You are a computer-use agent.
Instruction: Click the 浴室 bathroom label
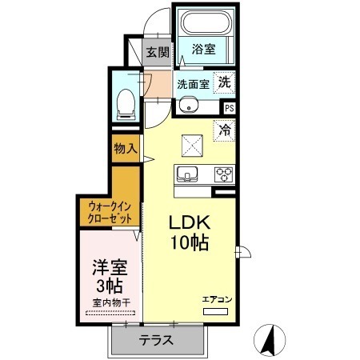pyautogui.click(x=203, y=50)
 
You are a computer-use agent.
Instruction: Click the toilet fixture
pyautogui.click(x=125, y=102)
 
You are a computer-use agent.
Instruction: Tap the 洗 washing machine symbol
pyautogui.click(x=226, y=82)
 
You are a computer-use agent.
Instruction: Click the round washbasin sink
pyautogui.click(x=190, y=104)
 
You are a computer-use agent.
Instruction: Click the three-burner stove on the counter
pyautogui.click(x=222, y=174)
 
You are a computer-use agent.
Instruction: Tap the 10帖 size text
pyautogui.click(x=189, y=242)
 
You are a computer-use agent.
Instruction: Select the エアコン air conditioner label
pyautogui.click(x=216, y=298)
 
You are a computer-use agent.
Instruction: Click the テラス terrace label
pyautogui.click(x=157, y=339)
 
